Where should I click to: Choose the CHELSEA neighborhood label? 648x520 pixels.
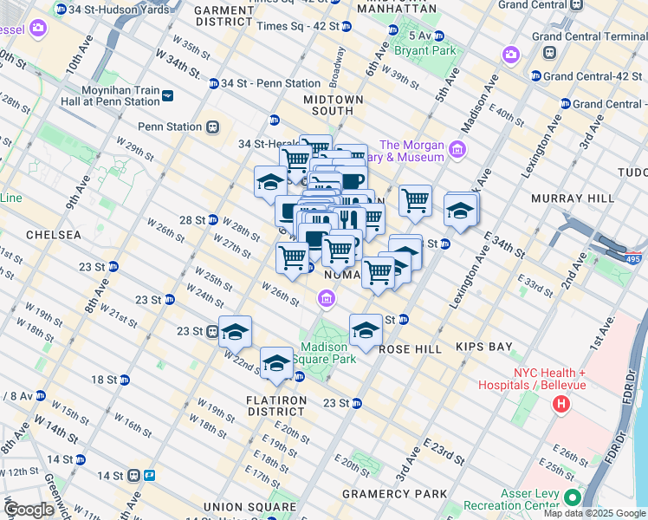click(53, 235)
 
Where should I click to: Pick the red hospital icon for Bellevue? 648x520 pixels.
click(562, 403)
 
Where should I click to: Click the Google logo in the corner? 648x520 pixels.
click(29, 510)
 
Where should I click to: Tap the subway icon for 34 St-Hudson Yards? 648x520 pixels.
click(60, 9)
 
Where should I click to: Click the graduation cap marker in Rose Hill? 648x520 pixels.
click(366, 329)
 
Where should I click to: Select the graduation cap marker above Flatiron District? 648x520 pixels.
click(276, 362)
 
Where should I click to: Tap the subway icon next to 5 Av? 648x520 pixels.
click(439, 36)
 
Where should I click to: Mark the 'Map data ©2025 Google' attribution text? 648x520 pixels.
click(594, 513)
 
